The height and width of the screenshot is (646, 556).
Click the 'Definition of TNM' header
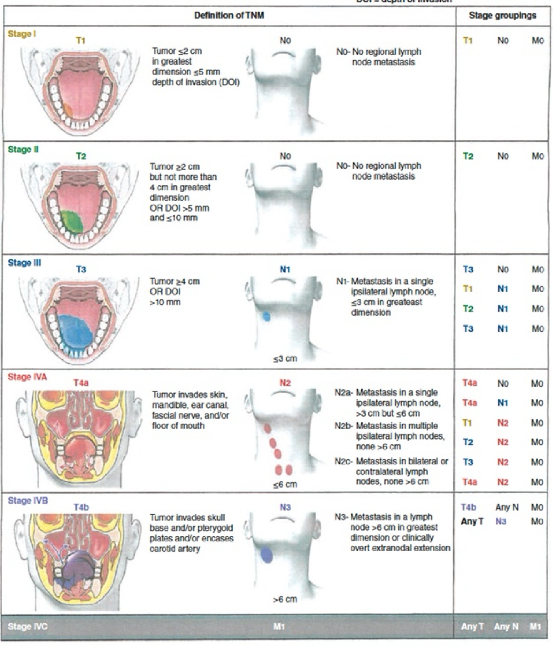(x=229, y=15)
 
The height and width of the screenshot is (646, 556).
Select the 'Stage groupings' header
(x=502, y=15)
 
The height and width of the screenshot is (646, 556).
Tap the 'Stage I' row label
(x=22, y=34)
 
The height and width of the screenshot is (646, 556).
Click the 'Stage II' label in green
(x=23, y=149)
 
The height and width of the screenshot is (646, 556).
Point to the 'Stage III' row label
(x=24, y=263)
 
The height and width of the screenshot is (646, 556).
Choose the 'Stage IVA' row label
(x=27, y=377)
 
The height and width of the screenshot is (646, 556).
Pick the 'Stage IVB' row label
(x=28, y=500)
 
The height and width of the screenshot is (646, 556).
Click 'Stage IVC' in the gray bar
(x=28, y=626)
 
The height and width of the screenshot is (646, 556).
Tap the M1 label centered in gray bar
(x=279, y=626)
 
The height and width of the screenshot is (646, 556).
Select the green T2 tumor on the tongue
(x=71, y=221)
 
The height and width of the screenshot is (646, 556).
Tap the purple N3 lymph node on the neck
(x=266, y=555)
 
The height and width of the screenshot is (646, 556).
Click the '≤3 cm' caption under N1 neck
(x=285, y=358)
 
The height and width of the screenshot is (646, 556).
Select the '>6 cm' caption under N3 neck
(x=285, y=599)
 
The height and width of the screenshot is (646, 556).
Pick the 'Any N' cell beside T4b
(x=507, y=507)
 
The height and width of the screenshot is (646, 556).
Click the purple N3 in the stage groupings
(x=501, y=521)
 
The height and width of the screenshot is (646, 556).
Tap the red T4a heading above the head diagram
(x=81, y=382)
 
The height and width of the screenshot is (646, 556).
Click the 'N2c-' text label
(x=344, y=461)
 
